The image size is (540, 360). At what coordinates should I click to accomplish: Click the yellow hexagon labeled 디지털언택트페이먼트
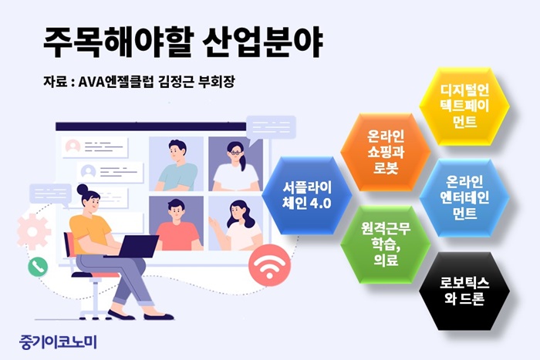click(464, 106)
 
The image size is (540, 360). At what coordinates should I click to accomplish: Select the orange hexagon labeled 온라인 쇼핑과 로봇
click(386, 152)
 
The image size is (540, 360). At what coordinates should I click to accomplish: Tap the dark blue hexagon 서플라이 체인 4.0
click(307, 196)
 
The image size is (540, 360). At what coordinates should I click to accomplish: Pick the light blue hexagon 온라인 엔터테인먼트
click(464, 198)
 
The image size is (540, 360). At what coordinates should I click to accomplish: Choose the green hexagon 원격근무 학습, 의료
click(386, 244)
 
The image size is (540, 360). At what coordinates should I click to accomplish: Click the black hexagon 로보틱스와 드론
click(464, 291)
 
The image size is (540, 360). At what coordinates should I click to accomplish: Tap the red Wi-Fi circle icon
click(270, 265)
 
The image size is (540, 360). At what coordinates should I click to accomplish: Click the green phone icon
click(38, 267)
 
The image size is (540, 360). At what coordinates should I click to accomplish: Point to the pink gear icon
click(33, 231)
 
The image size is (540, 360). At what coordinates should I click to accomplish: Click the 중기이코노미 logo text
click(59, 342)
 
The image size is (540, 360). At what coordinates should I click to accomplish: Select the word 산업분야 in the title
click(262, 42)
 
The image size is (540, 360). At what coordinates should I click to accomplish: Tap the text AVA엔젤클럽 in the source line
click(116, 82)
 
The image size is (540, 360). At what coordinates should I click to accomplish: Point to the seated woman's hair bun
click(83, 189)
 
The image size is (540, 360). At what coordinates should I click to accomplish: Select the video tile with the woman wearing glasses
click(235, 164)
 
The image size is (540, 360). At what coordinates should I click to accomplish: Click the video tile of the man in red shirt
click(177, 224)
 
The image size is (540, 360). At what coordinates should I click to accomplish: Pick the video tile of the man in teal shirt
click(177, 164)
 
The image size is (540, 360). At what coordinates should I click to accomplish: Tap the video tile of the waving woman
click(235, 224)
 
